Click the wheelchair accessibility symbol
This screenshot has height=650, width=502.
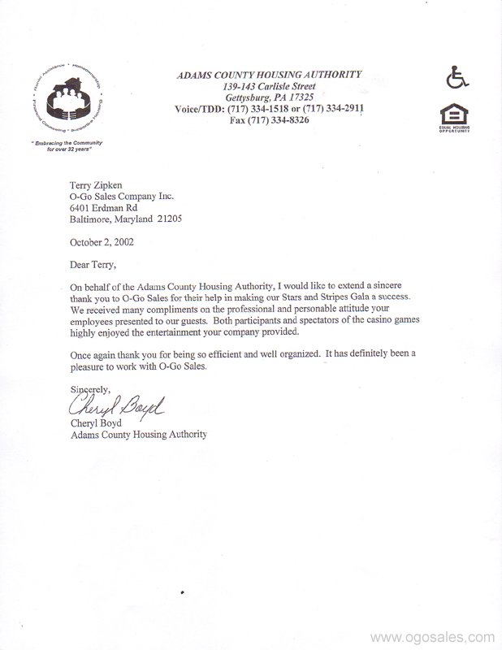pos(457,78)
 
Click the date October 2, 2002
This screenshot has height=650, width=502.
pos(102,241)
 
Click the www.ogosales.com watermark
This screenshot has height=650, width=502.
pos(433,637)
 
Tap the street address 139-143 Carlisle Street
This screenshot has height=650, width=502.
pos(269,86)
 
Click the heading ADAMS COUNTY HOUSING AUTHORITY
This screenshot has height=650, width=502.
pos(269,75)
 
